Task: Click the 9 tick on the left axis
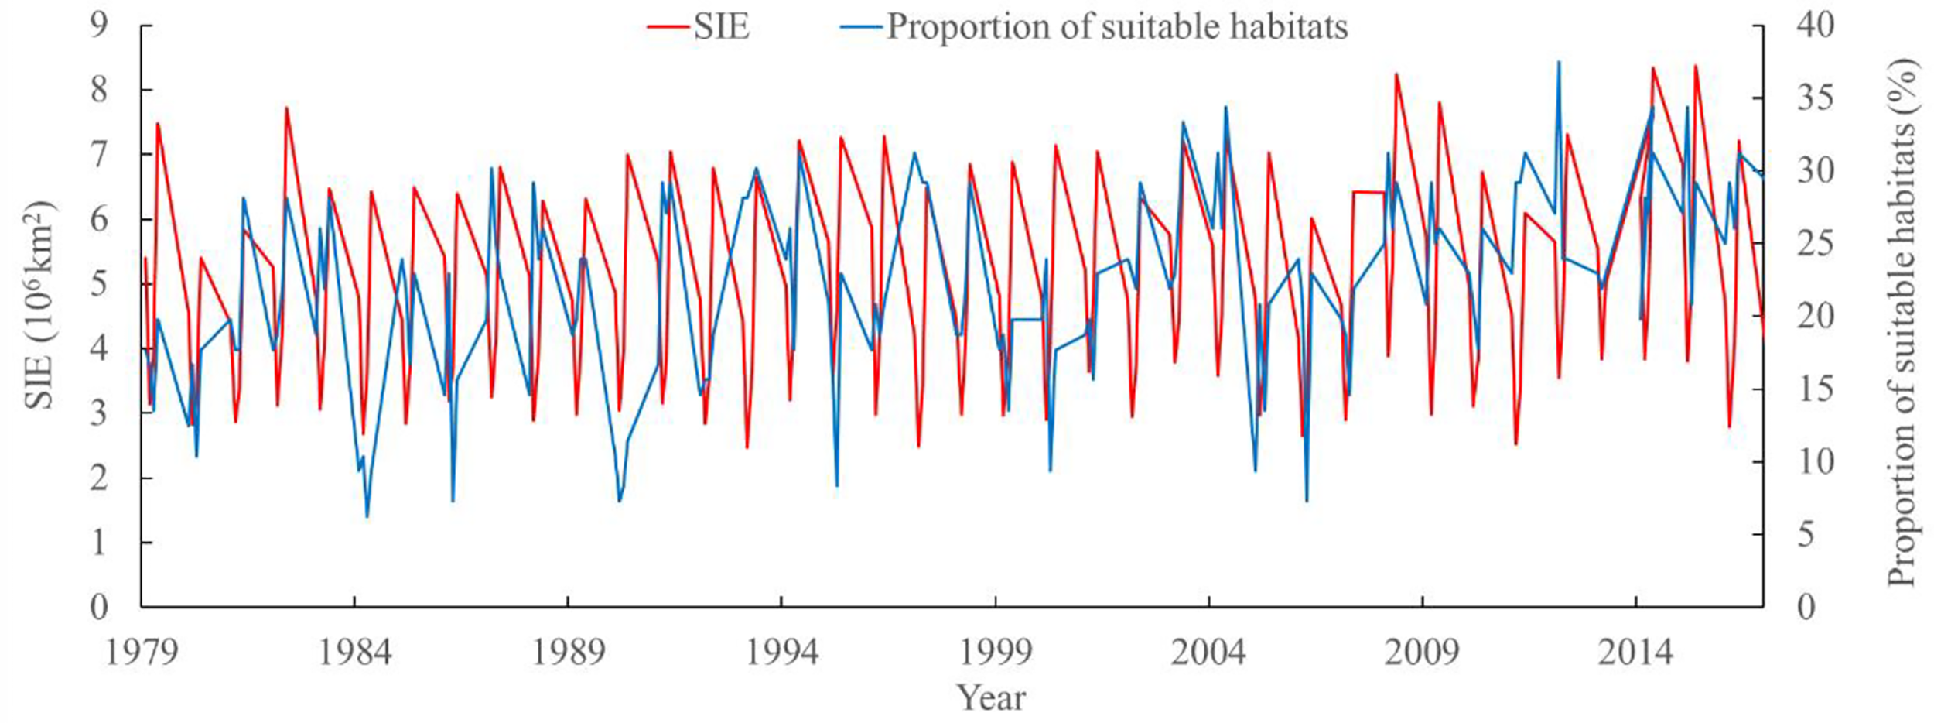(x=99, y=26)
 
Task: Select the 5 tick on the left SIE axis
(x=99, y=284)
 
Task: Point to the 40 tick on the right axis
(x=1815, y=26)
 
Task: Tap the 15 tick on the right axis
(x=1815, y=389)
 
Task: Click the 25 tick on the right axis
(x=1815, y=244)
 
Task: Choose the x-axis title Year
(x=992, y=698)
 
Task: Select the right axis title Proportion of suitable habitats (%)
(x=1903, y=324)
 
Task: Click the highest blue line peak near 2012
(x=1559, y=62)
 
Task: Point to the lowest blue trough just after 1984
(x=367, y=516)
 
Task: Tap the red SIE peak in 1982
(x=286, y=108)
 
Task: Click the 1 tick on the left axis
(x=99, y=543)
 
